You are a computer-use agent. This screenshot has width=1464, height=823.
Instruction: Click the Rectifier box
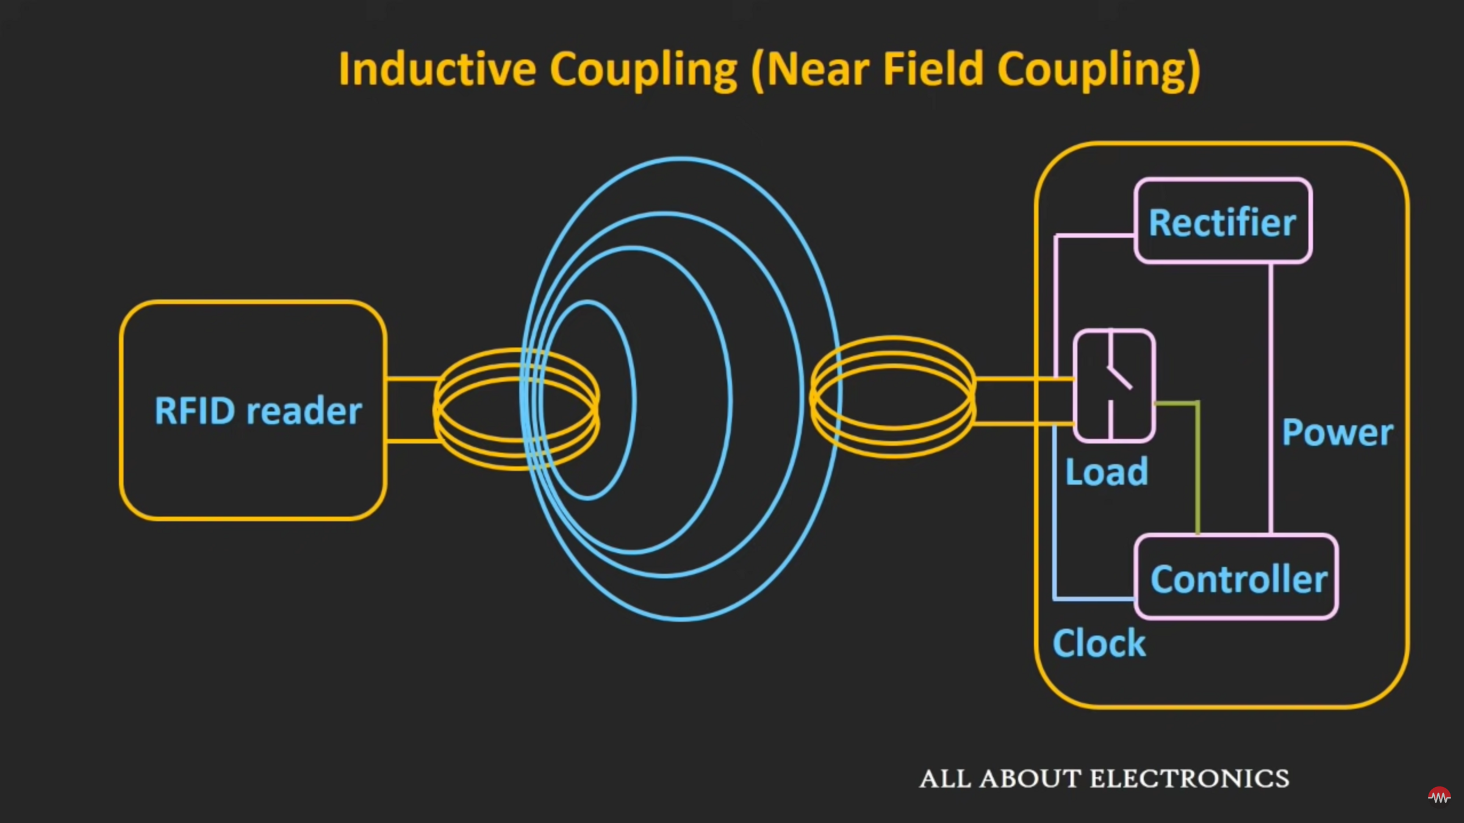[x=1222, y=221]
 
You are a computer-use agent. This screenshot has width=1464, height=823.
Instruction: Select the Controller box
[x=1236, y=577]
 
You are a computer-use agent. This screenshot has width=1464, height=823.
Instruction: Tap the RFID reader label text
[x=258, y=410]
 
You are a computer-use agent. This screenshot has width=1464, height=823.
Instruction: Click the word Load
[x=1106, y=472]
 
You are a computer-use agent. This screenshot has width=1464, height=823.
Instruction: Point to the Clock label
[x=1099, y=643]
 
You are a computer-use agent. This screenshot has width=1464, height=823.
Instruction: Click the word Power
[x=1337, y=433]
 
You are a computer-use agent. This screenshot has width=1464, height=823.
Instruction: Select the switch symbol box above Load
[x=1114, y=385]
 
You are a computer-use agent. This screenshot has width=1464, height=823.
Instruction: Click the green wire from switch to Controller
[x=1198, y=469]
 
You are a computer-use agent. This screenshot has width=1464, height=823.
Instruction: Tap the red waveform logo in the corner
[x=1439, y=796]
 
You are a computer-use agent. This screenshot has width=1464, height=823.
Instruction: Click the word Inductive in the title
[x=437, y=69]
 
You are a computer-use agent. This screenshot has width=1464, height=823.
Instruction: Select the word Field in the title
[x=933, y=69]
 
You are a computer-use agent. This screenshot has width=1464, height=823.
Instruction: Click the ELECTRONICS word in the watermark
[x=1189, y=778]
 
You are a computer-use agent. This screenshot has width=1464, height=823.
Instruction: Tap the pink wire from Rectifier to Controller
[x=1271, y=396]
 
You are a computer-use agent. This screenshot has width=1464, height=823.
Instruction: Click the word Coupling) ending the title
[x=1099, y=70]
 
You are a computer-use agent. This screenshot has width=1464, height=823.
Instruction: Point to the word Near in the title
[x=817, y=69]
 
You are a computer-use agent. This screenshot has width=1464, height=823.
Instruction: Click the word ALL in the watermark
[x=945, y=778]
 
